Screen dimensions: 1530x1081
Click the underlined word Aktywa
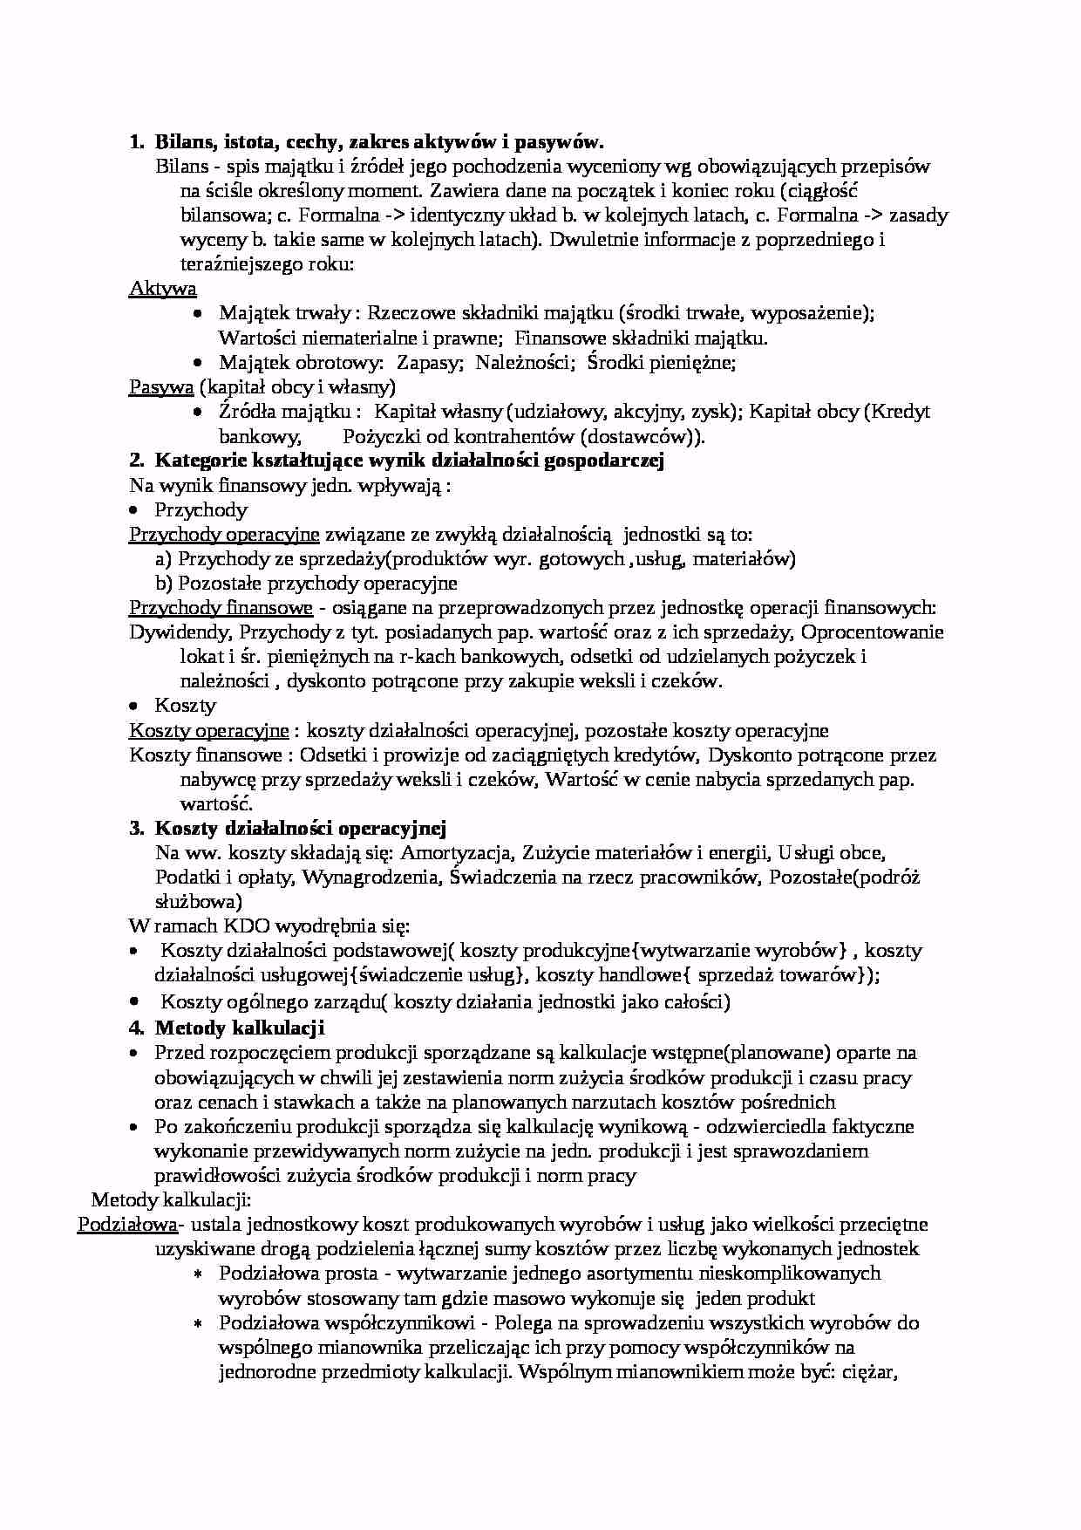coord(162,288)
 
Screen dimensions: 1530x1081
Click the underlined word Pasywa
coord(160,386)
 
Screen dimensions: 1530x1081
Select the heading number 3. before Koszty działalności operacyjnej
coord(137,828)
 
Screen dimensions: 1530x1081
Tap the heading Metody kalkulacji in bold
coord(240,1027)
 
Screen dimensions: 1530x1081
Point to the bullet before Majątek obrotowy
coord(199,362)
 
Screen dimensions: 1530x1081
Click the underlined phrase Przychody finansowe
coord(221,607)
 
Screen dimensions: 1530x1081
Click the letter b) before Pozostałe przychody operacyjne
coord(163,583)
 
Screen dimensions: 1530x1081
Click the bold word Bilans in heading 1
coord(184,141)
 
